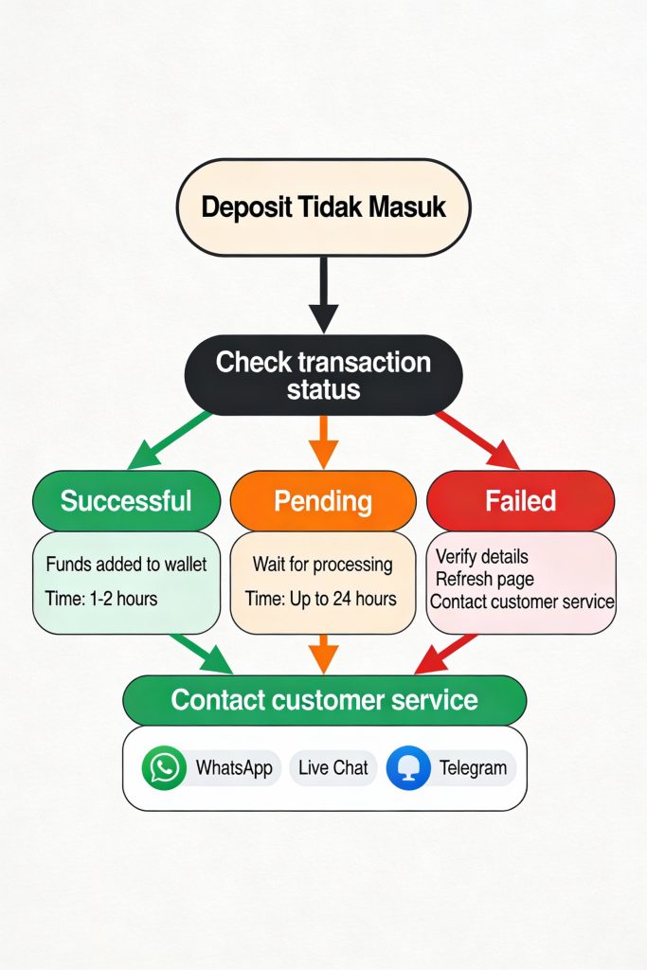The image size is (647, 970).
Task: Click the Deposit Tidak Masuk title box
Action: (323, 207)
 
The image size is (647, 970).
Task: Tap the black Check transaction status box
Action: (323, 374)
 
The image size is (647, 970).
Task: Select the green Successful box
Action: (126, 500)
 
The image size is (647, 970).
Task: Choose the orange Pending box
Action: (323, 500)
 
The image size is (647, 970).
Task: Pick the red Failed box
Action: (520, 500)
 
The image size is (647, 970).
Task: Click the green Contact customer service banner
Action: (324, 700)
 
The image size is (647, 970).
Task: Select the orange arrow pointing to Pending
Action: (323, 441)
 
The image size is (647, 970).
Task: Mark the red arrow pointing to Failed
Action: (478, 440)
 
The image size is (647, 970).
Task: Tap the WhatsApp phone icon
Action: (165, 767)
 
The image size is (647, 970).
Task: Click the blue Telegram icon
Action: (409, 767)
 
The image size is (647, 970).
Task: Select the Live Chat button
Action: (332, 767)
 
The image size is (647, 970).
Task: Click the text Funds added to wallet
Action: (126, 565)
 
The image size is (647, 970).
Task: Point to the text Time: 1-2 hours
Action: (101, 599)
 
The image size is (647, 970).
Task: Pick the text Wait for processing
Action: (322, 565)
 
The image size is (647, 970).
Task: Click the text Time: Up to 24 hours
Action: (320, 599)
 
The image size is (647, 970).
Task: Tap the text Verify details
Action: (482, 556)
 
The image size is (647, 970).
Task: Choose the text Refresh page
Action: (485, 579)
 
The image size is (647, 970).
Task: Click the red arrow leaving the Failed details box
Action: (444, 654)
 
